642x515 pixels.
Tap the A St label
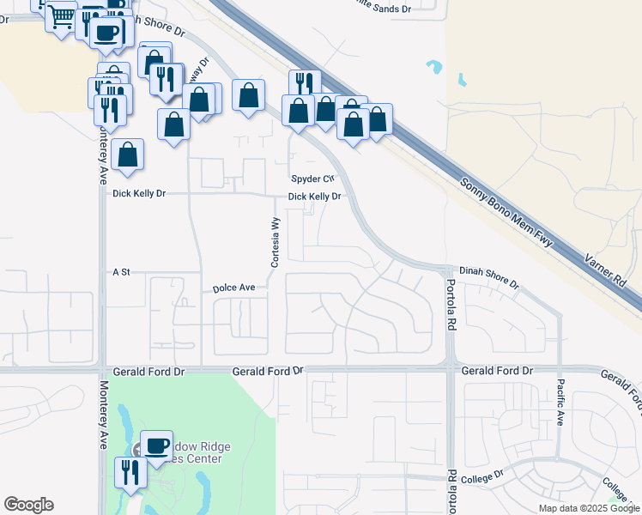(121, 272)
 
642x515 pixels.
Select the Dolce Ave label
(234, 288)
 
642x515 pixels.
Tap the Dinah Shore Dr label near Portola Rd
(488, 276)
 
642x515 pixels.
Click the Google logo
(28, 505)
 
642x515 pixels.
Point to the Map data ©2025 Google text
(590, 508)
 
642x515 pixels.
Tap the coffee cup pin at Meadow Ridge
(156, 446)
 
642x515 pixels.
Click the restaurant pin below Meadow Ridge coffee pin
(130, 473)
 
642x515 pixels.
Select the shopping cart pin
(60, 16)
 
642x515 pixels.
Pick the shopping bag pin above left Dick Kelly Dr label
(127, 155)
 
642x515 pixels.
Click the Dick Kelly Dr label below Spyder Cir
(315, 197)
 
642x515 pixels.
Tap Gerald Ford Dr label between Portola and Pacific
(497, 371)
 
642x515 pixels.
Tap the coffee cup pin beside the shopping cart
(106, 33)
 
